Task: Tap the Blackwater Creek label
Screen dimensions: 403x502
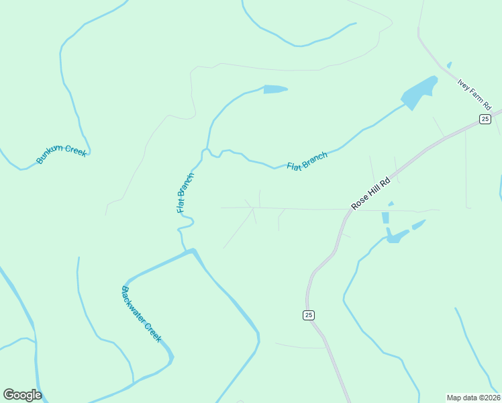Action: [x=141, y=314]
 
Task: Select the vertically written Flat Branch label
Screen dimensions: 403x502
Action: [x=185, y=193]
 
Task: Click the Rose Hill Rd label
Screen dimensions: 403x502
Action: [x=370, y=195]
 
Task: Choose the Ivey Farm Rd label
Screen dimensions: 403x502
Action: [x=475, y=94]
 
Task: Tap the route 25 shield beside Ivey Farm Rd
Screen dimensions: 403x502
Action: [x=485, y=119]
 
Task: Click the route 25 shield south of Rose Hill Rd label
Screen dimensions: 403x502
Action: [x=308, y=315]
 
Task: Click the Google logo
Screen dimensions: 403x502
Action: [x=22, y=395]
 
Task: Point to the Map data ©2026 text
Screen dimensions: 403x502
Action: [x=473, y=397]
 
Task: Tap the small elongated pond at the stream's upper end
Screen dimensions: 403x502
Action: [x=275, y=89]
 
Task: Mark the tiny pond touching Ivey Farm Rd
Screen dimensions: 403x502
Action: [x=449, y=65]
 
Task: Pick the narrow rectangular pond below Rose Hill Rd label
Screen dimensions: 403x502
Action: [x=385, y=218]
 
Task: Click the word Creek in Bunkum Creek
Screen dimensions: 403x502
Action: [x=74, y=150]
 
